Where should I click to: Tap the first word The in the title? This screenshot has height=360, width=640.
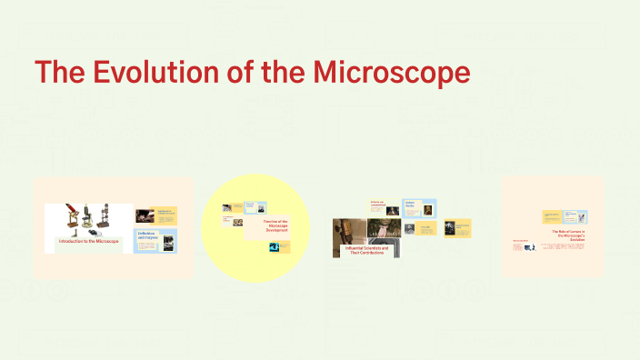[x=61, y=74]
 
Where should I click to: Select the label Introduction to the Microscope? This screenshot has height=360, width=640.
[x=88, y=241]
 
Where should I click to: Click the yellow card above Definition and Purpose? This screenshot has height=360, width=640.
[x=155, y=215]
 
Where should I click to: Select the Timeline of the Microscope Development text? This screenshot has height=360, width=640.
[x=276, y=225]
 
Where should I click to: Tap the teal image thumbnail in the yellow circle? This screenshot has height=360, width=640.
[x=274, y=245]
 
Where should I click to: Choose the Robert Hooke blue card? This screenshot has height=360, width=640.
[x=421, y=208]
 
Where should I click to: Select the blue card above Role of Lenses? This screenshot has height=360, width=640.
[x=565, y=216]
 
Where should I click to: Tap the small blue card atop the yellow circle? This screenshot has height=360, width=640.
[x=249, y=207]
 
